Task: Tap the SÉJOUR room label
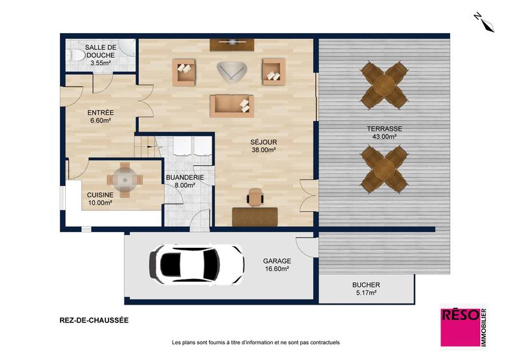[264, 142]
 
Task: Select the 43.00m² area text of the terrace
[385, 136]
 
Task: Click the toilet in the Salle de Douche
[76, 57]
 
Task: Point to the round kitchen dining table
[124, 179]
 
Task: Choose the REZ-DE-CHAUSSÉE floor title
[93, 321]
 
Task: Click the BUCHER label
[366, 285]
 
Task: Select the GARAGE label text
[277, 261]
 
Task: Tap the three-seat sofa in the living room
[232, 105]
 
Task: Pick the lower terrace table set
[384, 168]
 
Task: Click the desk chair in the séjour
[255, 197]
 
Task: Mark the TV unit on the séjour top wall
[231, 44]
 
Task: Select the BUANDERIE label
[184, 178]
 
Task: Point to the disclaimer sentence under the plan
[256, 343]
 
